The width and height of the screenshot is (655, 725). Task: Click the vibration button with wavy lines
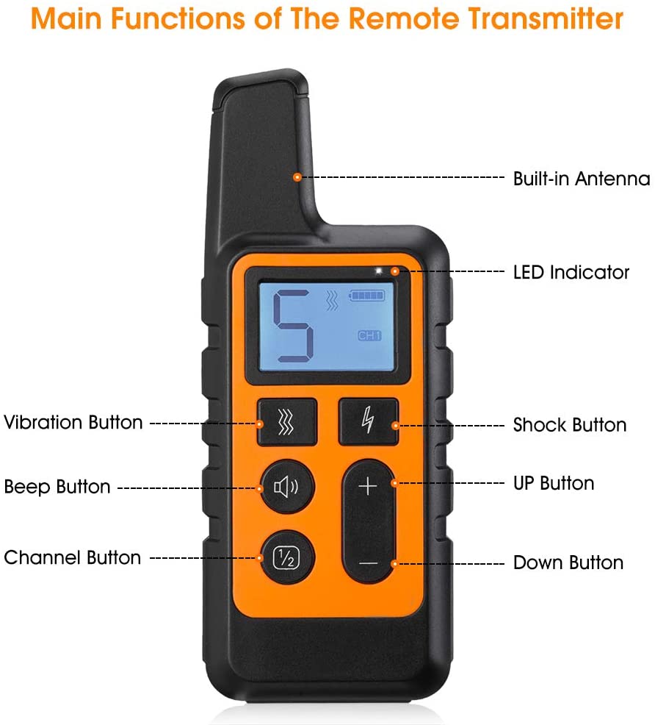(286, 423)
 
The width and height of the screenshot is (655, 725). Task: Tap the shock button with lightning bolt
(368, 422)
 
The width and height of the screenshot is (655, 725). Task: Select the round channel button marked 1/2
(286, 557)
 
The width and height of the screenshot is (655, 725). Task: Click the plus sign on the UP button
(369, 487)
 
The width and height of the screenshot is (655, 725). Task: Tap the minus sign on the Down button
(369, 562)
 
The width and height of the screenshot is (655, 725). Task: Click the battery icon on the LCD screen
(366, 295)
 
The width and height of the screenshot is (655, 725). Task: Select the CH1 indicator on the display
(369, 335)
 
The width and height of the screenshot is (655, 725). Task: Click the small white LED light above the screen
(379, 271)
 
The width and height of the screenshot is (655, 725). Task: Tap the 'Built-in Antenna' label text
(581, 179)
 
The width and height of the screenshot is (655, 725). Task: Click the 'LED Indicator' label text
(571, 273)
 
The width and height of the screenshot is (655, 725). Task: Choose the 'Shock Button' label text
(569, 425)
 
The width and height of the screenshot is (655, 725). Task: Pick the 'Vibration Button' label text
(73, 423)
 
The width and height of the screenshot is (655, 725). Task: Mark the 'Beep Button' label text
(57, 488)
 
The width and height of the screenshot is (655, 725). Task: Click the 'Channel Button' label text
(72, 557)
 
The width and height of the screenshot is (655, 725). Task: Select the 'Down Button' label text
(568, 563)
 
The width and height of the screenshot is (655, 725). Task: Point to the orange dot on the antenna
(297, 177)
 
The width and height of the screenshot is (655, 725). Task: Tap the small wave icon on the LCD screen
(333, 300)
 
